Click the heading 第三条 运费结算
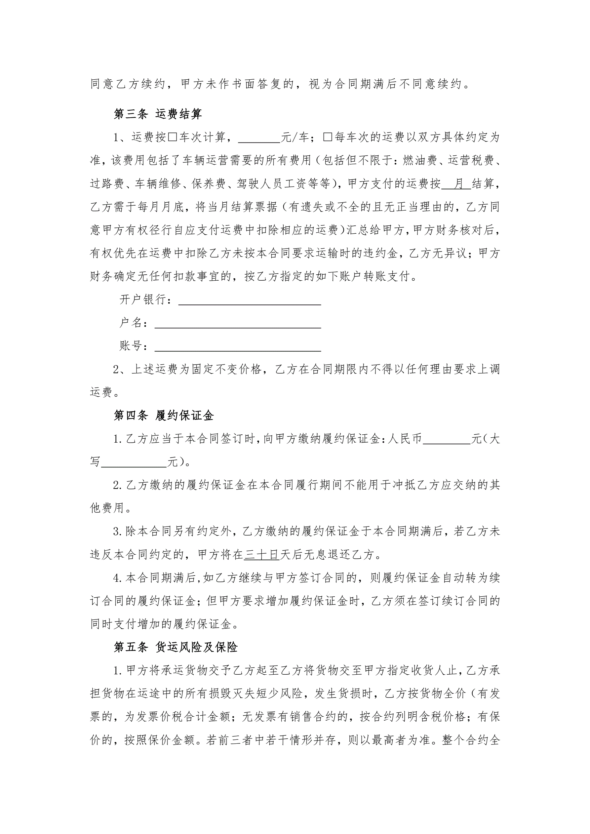tap(158, 114)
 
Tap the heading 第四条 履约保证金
tap(164, 416)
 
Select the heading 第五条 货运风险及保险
tap(176, 647)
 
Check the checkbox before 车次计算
tap(172, 137)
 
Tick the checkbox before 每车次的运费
tap(327, 137)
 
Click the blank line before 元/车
tap(259, 138)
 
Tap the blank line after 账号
tap(238, 346)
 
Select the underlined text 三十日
tap(261, 555)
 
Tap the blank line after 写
tap(134, 462)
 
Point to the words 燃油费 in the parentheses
tap(420, 161)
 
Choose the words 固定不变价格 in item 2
tap(226, 370)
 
